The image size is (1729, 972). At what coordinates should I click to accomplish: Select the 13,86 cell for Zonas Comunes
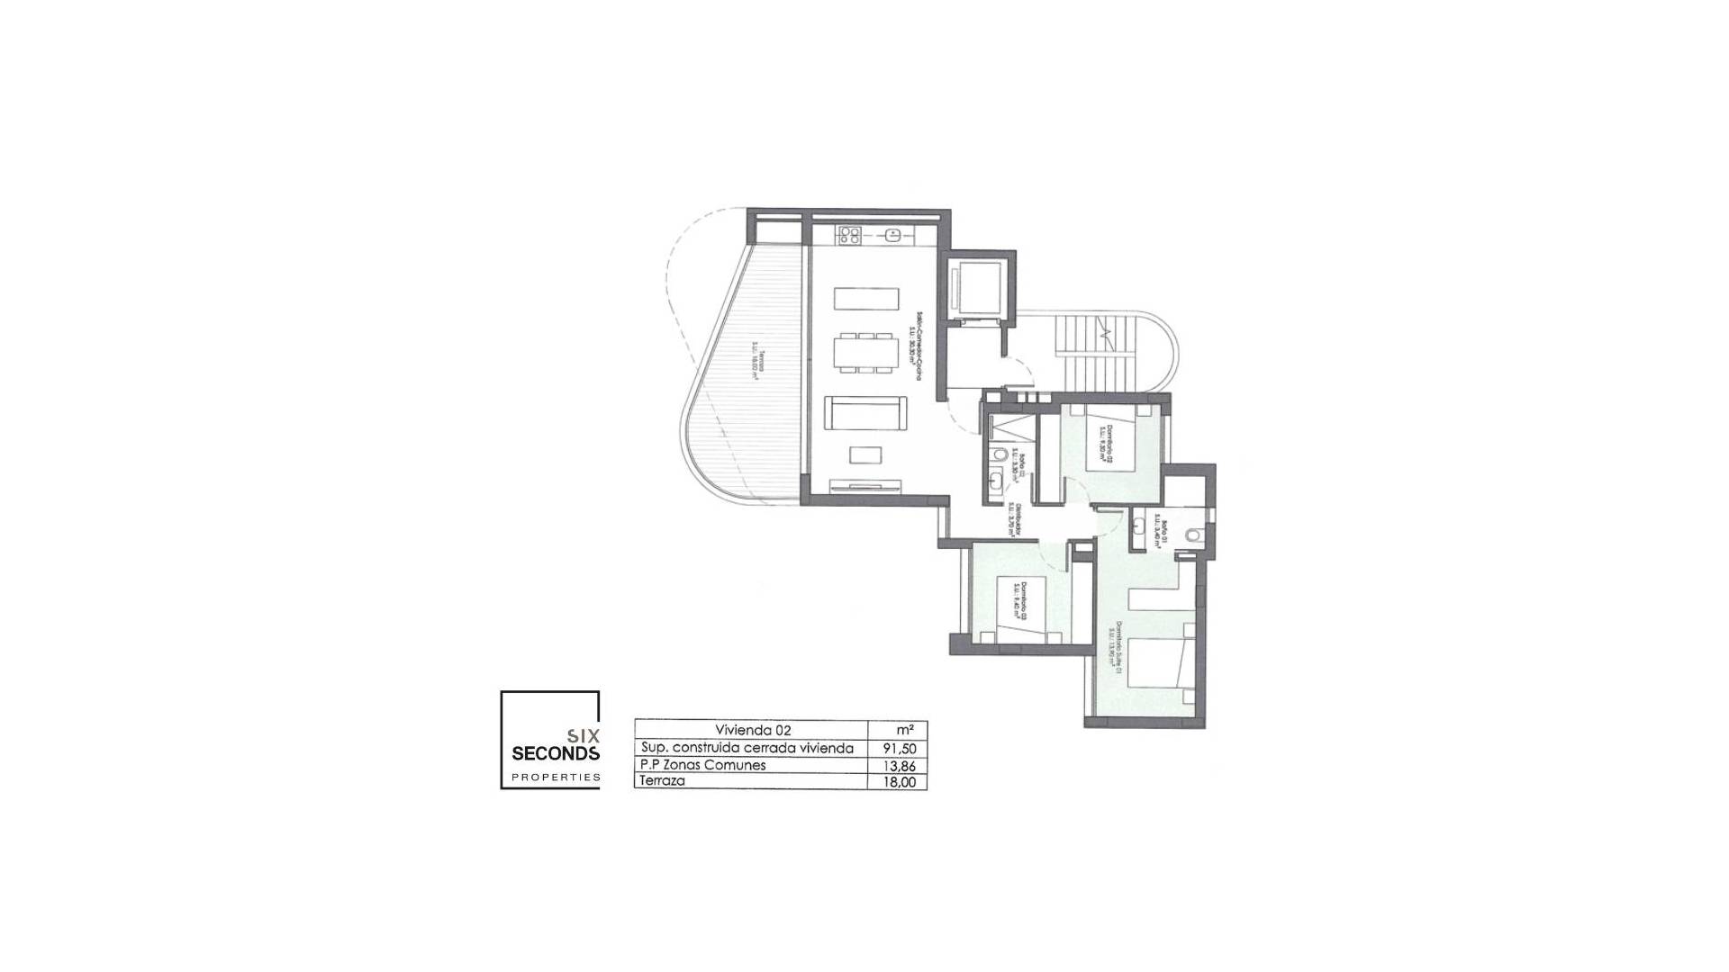pyautogui.click(x=896, y=765)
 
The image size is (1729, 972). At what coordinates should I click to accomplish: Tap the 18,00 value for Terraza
pyautogui.click(x=896, y=782)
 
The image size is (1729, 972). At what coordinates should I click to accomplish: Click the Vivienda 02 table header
pyautogui.click(x=752, y=730)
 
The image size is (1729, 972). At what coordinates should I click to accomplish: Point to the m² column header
pyautogui.click(x=896, y=730)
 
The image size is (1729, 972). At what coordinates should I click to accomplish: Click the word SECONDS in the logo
pyautogui.click(x=555, y=752)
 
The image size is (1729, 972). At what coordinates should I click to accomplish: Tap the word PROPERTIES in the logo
pyautogui.click(x=555, y=776)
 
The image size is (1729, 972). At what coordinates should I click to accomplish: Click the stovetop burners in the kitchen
pyautogui.click(x=219, y=235)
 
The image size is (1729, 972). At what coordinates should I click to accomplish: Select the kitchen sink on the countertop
pyautogui.click(x=262, y=235)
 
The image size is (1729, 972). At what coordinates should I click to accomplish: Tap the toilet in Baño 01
pyautogui.click(x=1193, y=535)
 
